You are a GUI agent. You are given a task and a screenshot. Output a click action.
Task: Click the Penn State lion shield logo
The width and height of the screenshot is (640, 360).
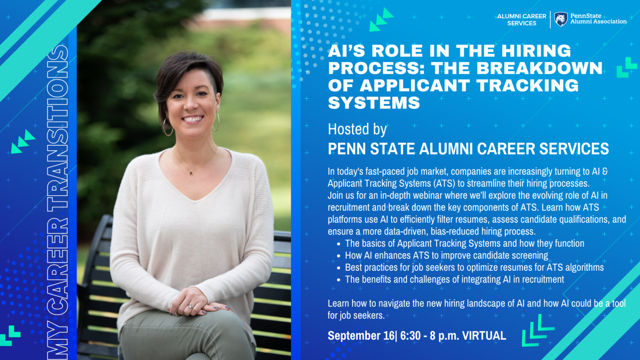click(561, 19)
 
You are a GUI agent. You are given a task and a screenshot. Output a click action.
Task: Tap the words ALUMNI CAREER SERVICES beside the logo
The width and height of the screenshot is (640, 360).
click(522, 20)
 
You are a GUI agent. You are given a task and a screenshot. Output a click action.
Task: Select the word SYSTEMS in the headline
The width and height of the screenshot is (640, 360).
click(374, 102)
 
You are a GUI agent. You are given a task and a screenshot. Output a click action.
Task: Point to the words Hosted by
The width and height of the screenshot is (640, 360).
click(357, 129)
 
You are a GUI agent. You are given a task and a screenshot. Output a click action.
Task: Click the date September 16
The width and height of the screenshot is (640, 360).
click(361, 336)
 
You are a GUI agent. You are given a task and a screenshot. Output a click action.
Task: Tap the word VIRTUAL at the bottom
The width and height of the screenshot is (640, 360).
click(484, 336)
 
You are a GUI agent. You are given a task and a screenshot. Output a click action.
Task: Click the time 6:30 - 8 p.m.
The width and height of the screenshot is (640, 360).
click(429, 336)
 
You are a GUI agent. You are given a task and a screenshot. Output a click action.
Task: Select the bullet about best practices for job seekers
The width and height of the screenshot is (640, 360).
click(474, 267)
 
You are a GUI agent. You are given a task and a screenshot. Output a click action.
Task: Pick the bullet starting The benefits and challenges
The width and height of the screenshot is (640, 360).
click(454, 279)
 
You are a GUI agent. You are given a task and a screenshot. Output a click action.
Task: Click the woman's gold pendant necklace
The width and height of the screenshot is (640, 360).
click(191, 172)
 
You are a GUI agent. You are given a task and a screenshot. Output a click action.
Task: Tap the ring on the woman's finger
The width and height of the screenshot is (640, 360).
click(190, 306)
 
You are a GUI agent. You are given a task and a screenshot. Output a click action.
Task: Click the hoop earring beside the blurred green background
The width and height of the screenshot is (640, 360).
click(216, 122)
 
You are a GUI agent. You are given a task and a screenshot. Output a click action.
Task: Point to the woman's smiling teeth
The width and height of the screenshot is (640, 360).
click(193, 118)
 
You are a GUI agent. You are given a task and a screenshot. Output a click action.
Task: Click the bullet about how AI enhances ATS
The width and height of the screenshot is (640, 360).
click(446, 255)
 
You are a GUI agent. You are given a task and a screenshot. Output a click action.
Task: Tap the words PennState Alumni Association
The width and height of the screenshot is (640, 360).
click(599, 19)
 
